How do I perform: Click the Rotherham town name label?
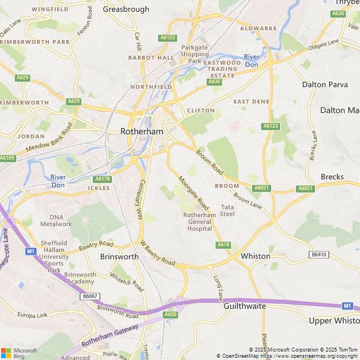click(x=142, y=131)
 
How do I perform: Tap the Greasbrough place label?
click(x=126, y=9)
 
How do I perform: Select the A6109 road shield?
click(x=7, y=158)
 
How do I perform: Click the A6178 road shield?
click(x=102, y=178)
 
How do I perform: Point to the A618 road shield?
click(x=223, y=245)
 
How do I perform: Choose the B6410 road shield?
click(x=318, y=255)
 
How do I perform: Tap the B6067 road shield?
click(x=89, y=296)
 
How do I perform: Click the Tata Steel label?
click(x=227, y=210)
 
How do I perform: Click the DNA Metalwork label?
click(x=61, y=220)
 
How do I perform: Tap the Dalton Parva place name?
click(x=322, y=84)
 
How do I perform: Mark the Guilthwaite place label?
click(x=245, y=308)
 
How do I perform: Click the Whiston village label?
click(x=255, y=256)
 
